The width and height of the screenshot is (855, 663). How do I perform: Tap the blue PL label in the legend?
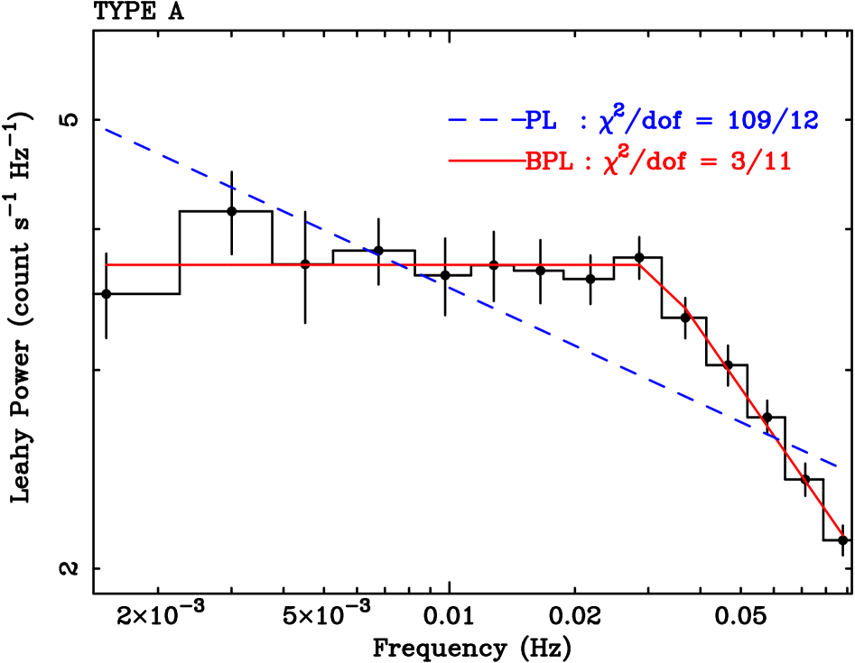coord(541,121)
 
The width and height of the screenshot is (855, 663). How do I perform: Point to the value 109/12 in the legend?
coord(773,121)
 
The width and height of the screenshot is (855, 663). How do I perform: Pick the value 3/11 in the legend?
coord(763,162)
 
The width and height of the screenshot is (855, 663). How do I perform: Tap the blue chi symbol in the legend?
coord(608,123)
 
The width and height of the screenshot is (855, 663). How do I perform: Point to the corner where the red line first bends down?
coord(640,265)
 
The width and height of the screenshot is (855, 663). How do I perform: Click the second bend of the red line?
coord(689,310)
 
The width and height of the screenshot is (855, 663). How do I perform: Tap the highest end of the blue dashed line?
coord(106,130)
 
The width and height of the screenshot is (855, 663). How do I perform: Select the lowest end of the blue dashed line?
coord(840,466)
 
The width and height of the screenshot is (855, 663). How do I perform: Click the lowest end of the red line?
coord(842,535)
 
